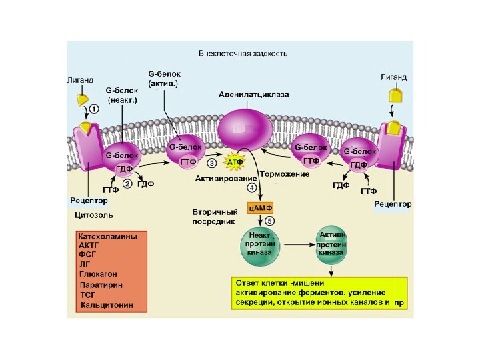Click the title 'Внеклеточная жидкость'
pyautogui.click(x=243, y=54)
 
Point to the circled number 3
pyautogui.click(x=211, y=162)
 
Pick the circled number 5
pyautogui.click(x=269, y=221)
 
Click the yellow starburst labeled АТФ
pyautogui.click(x=235, y=162)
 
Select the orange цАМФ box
pyautogui.click(x=260, y=208)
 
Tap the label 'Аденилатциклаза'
pyautogui.click(x=254, y=95)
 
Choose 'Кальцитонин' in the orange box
pyautogui.click(x=105, y=305)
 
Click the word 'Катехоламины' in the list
pyautogui.click(x=107, y=236)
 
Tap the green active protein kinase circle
pyautogui.click(x=333, y=245)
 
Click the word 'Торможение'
pyautogui.click(x=284, y=174)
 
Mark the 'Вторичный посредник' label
pyautogui.click(x=212, y=216)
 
